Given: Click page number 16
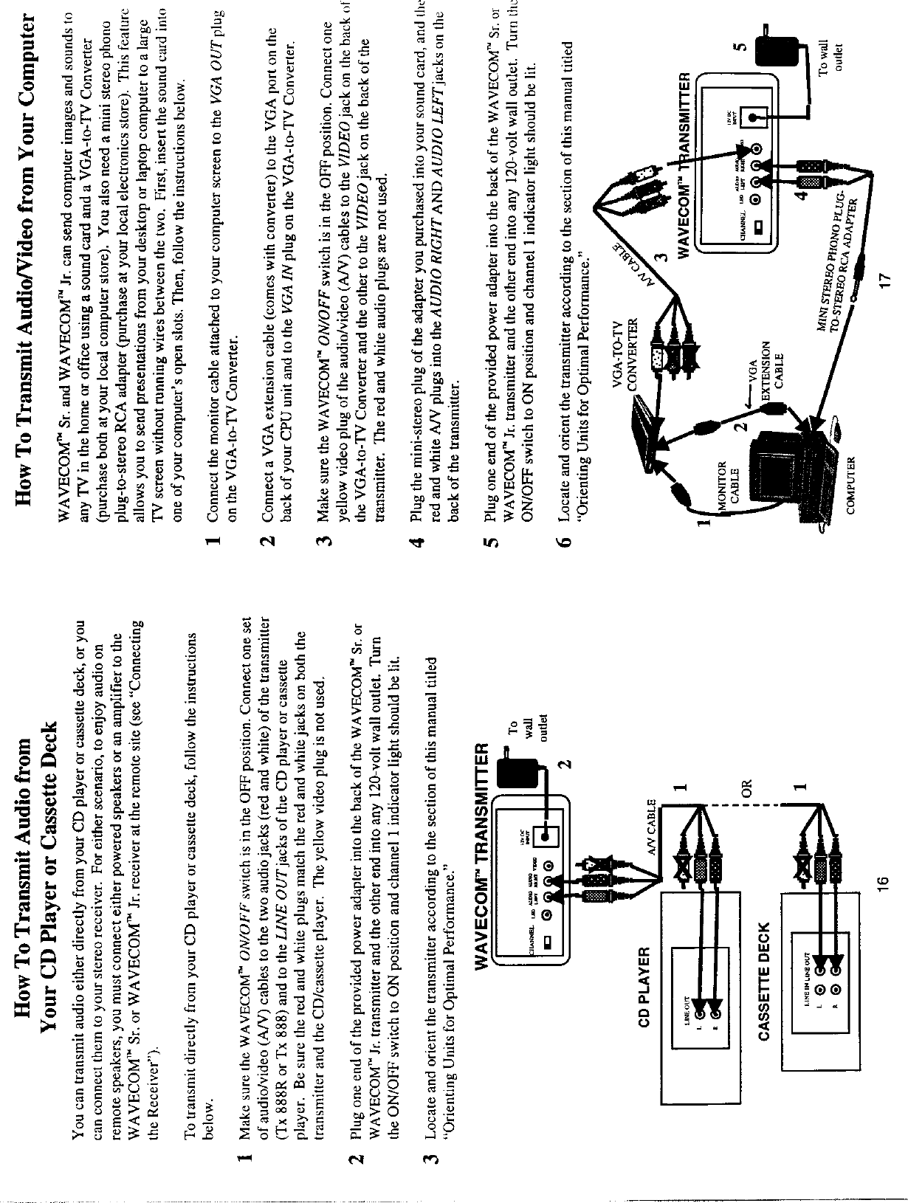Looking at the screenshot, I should point(885,880).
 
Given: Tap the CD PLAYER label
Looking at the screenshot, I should point(644,986).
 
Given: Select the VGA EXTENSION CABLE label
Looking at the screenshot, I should point(764,366).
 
